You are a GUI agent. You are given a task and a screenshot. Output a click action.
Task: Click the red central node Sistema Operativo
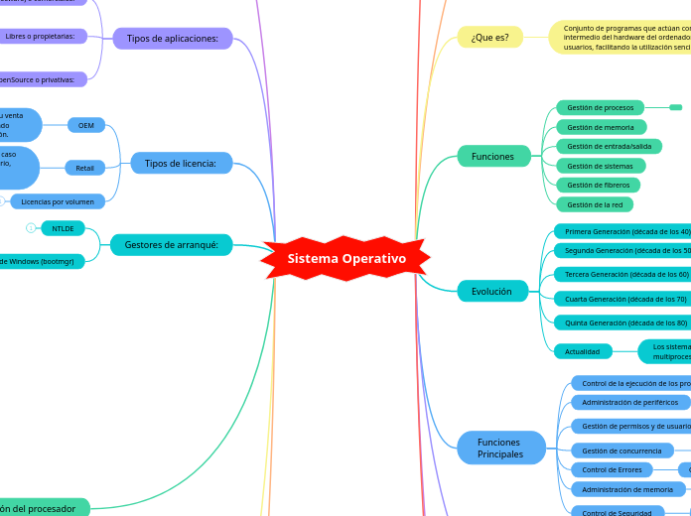[x=346, y=258]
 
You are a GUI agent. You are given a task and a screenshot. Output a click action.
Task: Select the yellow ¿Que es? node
[x=489, y=38]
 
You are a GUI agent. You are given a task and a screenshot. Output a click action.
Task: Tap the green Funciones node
[x=492, y=156]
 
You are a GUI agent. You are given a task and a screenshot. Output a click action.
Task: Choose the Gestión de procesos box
[x=600, y=107]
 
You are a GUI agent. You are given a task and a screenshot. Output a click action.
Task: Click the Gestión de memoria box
[x=601, y=127]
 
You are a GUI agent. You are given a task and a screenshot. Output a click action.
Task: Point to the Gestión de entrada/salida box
[x=608, y=146]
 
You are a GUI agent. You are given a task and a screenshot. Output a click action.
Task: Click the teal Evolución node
[x=491, y=292]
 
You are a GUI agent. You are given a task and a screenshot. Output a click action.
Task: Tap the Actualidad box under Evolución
[x=582, y=351]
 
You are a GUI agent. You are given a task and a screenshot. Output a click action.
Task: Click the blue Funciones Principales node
[x=500, y=448]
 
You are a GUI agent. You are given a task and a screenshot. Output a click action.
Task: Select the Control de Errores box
[x=612, y=469]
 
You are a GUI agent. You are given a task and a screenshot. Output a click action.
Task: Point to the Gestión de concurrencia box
[x=621, y=451]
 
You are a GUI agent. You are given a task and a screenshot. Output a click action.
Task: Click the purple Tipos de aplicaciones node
[x=172, y=39]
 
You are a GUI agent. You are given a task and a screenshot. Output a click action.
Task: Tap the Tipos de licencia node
[x=181, y=163]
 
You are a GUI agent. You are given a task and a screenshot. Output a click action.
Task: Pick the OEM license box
[x=86, y=125]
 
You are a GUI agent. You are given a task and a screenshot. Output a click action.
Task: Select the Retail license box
[x=84, y=168]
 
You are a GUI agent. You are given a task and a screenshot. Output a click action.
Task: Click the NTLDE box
[x=64, y=228]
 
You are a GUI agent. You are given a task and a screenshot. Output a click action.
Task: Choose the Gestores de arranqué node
[x=172, y=244]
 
